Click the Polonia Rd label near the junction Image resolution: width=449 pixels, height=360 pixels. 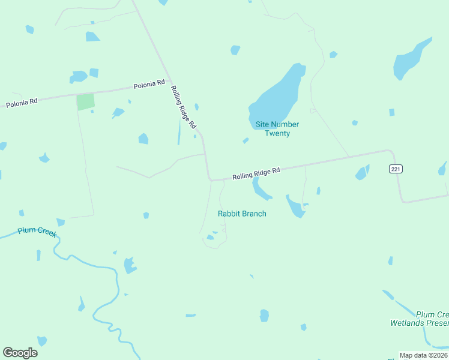click(x=149, y=83)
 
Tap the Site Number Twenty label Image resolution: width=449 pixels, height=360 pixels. click(x=277, y=128)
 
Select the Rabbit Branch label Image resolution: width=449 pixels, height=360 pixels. click(x=242, y=214)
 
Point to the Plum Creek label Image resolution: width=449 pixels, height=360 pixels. click(x=37, y=231)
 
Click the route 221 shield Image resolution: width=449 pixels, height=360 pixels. click(x=395, y=169)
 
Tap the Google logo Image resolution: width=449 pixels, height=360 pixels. click(x=20, y=353)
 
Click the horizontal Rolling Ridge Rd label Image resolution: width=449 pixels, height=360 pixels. click(x=256, y=174)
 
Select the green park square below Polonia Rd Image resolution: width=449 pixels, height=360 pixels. click(x=85, y=101)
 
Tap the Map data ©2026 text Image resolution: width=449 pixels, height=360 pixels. click(x=424, y=355)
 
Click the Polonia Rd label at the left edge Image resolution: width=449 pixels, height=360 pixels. click(x=22, y=103)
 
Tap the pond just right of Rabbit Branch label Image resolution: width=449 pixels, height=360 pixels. click(x=295, y=206)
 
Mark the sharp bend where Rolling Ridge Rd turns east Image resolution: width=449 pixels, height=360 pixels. click(x=210, y=179)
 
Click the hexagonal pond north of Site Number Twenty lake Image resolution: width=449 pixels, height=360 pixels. click(x=235, y=50)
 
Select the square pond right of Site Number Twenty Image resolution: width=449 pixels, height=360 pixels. click(x=392, y=112)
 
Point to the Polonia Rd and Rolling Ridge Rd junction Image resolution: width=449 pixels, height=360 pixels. click(x=169, y=80)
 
